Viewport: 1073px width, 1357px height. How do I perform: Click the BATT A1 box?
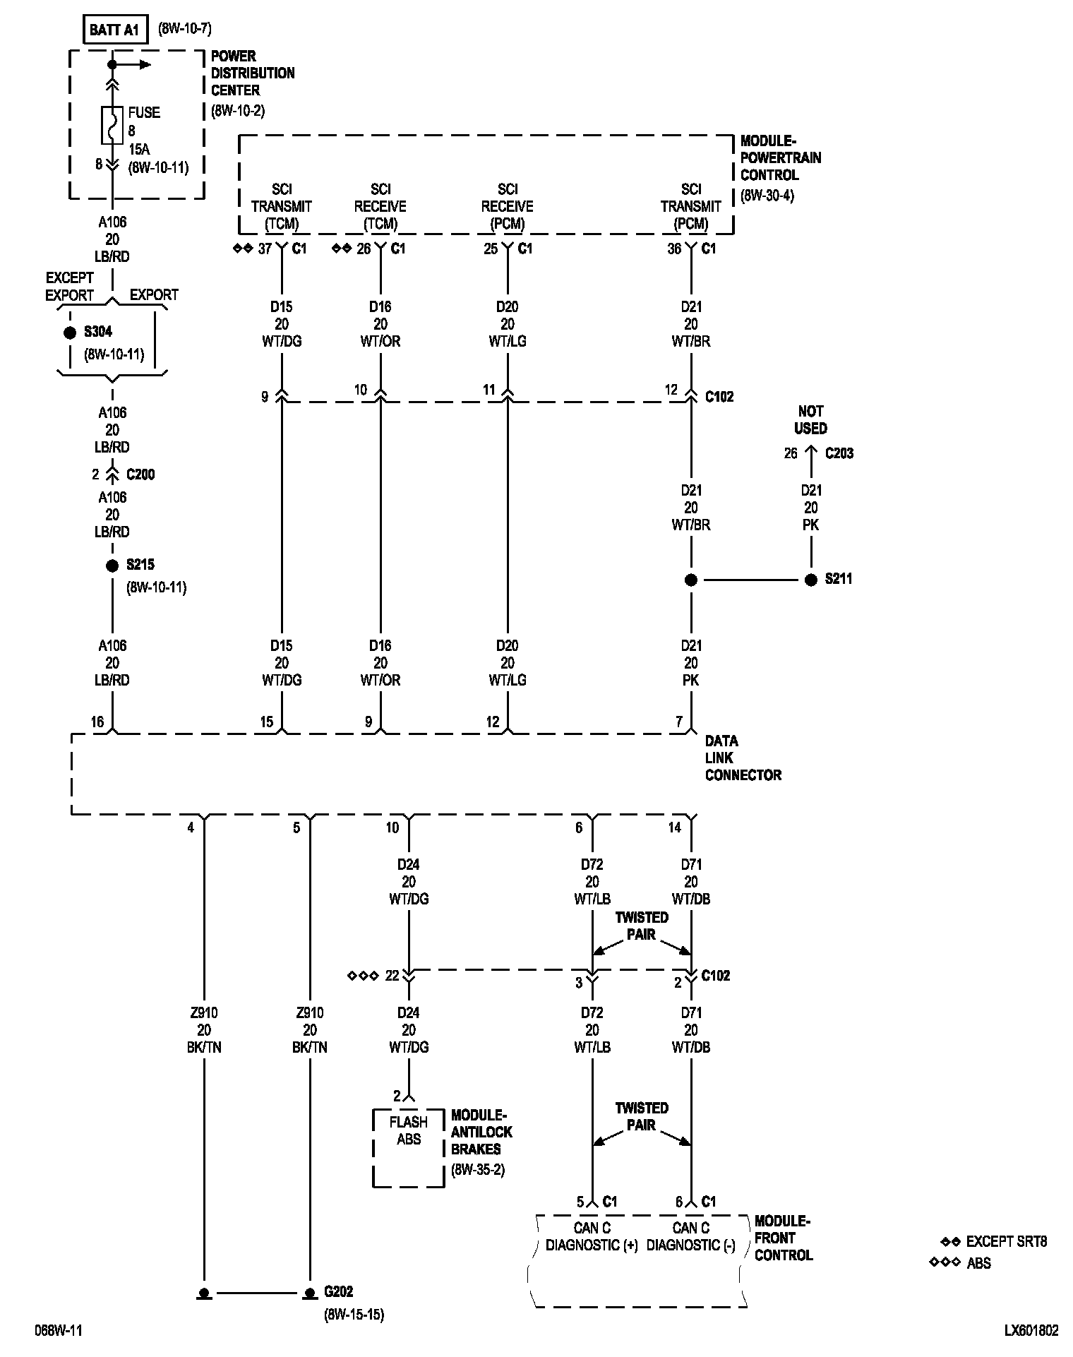click(115, 31)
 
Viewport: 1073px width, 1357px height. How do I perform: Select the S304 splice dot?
click(70, 333)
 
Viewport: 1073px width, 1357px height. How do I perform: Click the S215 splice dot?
click(112, 566)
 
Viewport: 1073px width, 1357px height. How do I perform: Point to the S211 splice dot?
click(811, 580)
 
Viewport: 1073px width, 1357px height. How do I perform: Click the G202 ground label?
click(338, 1292)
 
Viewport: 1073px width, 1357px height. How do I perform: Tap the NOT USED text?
click(810, 419)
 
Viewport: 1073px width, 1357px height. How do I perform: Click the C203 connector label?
click(839, 453)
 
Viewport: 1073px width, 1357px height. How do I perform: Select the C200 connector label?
click(140, 474)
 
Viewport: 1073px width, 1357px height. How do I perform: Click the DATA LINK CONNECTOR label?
click(743, 758)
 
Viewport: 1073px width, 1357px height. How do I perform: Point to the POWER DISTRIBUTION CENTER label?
click(253, 73)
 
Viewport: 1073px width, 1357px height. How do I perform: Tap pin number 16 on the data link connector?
click(97, 722)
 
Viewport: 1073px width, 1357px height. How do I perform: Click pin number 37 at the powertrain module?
click(265, 249)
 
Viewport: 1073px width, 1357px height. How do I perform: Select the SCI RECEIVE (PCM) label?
click(508, 206)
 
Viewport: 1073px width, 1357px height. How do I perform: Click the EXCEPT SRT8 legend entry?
click(1006, 1242)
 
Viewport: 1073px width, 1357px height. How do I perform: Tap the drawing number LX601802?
click(1031, 1331)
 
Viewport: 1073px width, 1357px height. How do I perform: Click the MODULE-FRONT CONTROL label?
click(783, 1238)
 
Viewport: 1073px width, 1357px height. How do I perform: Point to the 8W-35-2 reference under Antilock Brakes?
click(478, 1170)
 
